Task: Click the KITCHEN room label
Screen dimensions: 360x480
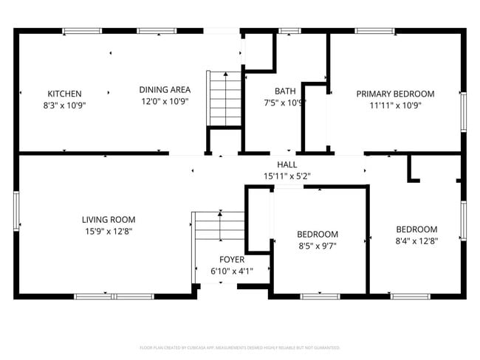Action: point(64,94)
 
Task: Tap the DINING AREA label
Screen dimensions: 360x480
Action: point(165,90)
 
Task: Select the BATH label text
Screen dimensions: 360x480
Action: point(285,91)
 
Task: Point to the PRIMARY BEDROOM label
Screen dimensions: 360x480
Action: point(395,94)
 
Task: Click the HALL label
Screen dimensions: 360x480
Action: point(287,165)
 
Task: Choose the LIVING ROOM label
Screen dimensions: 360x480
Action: point(109,219)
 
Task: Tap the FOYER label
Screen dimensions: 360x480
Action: point(232,260)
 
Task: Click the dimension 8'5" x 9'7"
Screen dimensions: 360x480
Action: point(318,246)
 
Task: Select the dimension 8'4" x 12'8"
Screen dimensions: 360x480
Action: point(416,240)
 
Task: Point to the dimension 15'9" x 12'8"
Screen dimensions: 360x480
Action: point(109,231)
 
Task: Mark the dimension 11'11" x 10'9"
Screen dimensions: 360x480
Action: point(395,105)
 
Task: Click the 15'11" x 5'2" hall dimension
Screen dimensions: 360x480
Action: point(287,176)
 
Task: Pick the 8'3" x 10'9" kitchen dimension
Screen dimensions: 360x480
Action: point(64,105)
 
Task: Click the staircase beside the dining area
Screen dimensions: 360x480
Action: point(224,99)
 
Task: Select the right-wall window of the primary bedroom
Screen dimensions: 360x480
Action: point(463,112)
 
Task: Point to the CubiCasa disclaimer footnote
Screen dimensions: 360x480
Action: point(239,347)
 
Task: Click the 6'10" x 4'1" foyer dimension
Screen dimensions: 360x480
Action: point(232,271)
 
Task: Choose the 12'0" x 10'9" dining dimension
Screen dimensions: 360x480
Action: point(165,101)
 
